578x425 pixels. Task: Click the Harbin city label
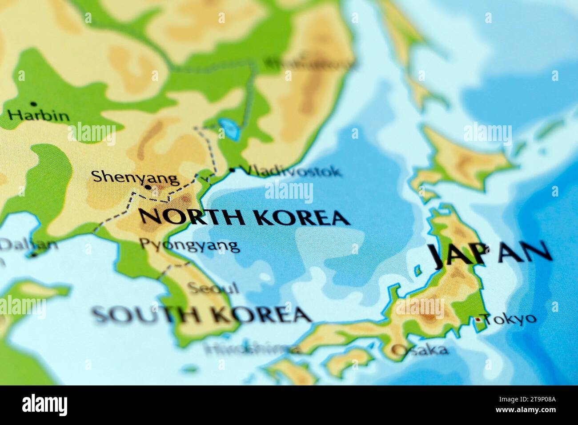[39, 116]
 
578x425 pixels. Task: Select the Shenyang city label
[135, 177]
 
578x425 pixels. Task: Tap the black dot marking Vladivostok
[232, 169]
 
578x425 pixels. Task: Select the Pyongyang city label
[189, 245]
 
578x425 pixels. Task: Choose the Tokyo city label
[510, 319]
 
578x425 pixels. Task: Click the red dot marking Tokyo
[478, 319]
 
